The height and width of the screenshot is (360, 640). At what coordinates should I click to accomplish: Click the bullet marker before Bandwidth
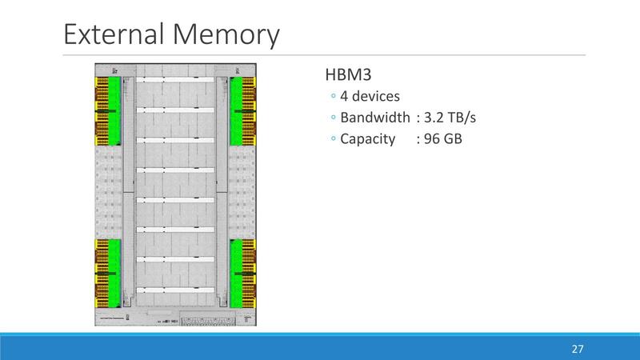pos(332,119)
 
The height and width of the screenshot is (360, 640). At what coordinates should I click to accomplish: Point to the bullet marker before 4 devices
pos(332,98)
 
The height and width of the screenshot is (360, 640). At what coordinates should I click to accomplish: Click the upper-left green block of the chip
pos(114,110)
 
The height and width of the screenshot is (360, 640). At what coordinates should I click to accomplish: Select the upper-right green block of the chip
pos(237,110)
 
